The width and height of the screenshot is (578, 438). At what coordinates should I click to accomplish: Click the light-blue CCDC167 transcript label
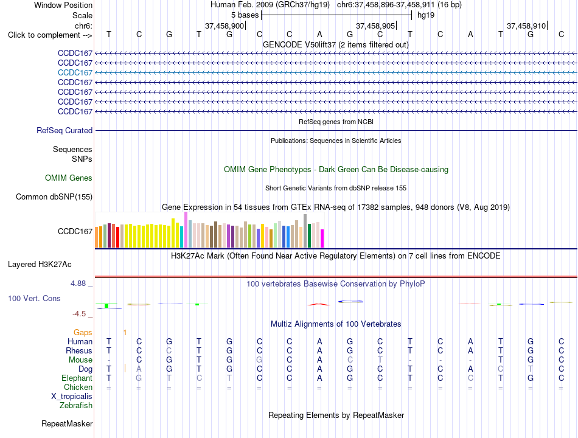tap(75, 72)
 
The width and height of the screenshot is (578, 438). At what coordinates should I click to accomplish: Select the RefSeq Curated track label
tap(64, 131)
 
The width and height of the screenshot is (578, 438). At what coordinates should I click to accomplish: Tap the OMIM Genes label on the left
tap(69, 178)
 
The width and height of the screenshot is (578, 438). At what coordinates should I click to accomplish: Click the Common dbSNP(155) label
tap(54, 197)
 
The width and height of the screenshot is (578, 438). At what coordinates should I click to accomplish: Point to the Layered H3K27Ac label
tap(40, 265)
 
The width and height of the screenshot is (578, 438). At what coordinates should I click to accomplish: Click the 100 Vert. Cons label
tap(34, 298)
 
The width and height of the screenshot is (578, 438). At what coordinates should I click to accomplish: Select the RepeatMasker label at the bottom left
tap(67, 423)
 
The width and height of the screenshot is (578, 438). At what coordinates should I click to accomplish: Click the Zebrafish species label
tap(76, 406)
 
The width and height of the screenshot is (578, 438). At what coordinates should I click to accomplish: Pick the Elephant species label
tap(77, 378)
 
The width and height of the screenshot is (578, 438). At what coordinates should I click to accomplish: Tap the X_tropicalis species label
tap(72, 397)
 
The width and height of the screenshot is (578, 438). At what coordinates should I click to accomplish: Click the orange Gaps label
tap(83, 333)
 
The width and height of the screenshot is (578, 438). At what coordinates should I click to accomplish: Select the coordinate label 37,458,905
tap(375, 26)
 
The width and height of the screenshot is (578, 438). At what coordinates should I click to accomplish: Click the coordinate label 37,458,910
tap(526, 26)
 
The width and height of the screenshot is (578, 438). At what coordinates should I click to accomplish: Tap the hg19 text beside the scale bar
tap(426, 15)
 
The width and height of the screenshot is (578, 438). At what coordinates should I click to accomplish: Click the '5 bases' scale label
tap(245, 15)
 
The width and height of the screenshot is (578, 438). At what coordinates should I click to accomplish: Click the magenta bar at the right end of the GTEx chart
tap(322, 238)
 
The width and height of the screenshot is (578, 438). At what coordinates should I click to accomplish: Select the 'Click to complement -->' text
tap(50, 35)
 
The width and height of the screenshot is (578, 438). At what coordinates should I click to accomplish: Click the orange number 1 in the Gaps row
tap(125, 333)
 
